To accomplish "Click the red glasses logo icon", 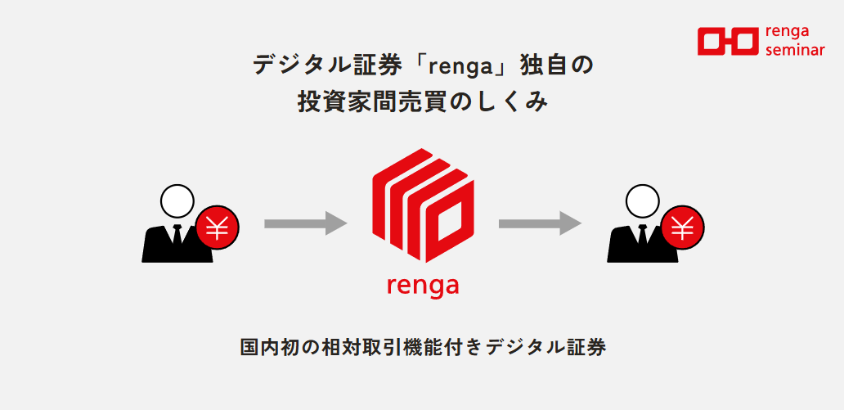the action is point(728,42).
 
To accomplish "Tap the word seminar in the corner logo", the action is point(794,50).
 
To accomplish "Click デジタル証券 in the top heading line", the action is point(327,65).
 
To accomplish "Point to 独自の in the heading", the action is point(556,65).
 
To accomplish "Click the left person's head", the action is point(177,200).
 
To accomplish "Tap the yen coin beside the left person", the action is point(218,228).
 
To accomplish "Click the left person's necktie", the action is point(177,234).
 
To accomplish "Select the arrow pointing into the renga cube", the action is point(306,223).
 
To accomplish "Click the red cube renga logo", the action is point(423,205).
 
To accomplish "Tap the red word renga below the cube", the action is point(423,286).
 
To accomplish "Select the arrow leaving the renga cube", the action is point(540,223).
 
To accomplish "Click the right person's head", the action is point(643,200).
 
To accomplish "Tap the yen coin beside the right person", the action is point(683,228).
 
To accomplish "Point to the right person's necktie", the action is point(642,234).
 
